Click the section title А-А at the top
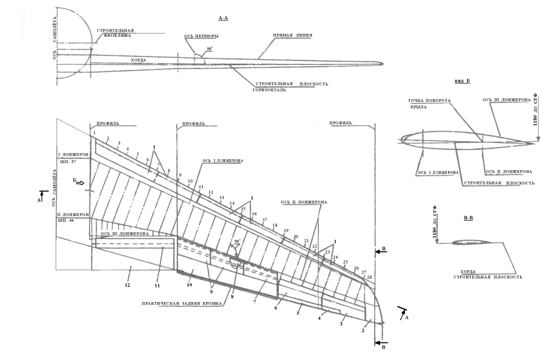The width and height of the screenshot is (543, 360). click(x=223, y=18)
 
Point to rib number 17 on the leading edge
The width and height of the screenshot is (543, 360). click(x=265, y=219)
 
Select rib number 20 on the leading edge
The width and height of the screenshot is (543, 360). click(x=296, y=236)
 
